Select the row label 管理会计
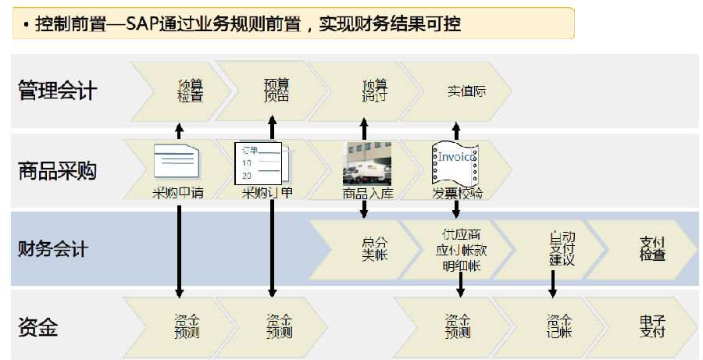click(57, 91)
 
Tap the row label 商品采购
click(57, 171)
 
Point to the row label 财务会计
click(53, 250)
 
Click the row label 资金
click(37, 327)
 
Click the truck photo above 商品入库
click(367, 163)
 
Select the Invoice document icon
click(455, 162)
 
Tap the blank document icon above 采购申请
click(178, 162)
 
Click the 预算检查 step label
click(190, 91)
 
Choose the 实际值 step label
click(467, 91)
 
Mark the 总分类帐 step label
click(374, 249)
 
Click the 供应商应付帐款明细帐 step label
click(462, 250)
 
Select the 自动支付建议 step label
click(562, 248)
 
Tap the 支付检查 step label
click(652, 249)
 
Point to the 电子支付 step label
click(652, 326)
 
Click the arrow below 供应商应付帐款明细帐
click(460, 285)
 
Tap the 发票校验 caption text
click(457, 194)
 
